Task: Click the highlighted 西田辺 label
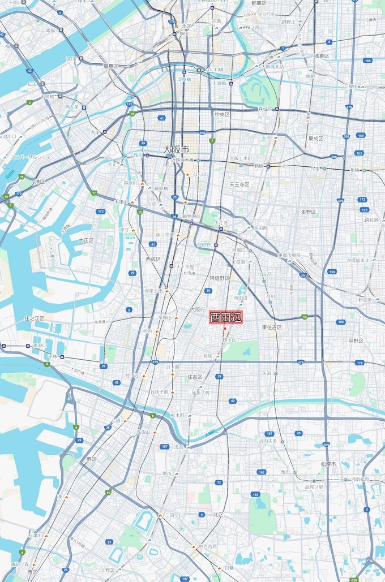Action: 226,318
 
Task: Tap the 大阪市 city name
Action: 176,149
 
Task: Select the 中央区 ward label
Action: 221,114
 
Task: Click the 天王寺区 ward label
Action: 239,184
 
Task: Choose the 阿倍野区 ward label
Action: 220,278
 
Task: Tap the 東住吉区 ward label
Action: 272,327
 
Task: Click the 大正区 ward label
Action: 85,240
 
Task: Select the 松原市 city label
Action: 328,464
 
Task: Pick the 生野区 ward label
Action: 308,212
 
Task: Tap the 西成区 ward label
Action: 153,259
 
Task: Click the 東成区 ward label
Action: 315,139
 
